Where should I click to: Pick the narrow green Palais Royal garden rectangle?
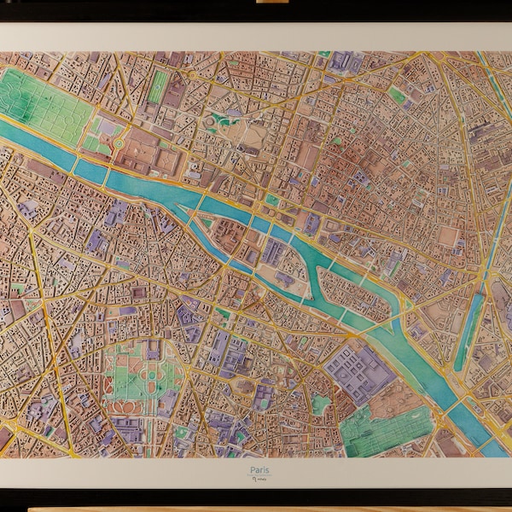(x=159, y=86)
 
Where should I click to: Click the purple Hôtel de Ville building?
(x=312, y=224)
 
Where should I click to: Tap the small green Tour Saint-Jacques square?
(x=272, y=200)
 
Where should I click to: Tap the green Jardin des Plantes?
(x=384, y=427)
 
